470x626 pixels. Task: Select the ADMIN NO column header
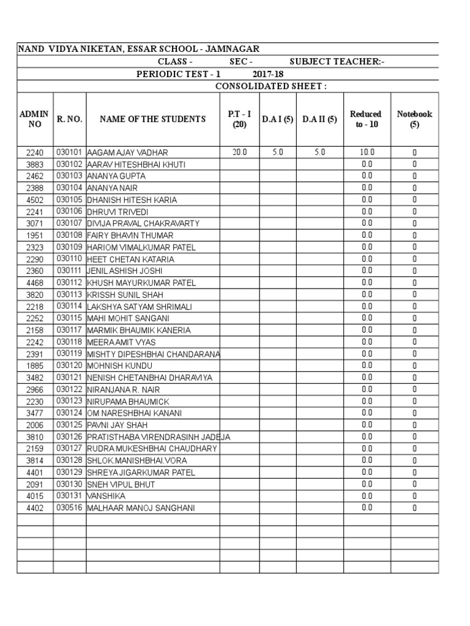(35, 119)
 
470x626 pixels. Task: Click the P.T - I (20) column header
(239, 119)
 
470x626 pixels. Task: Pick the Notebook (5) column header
(414, 119)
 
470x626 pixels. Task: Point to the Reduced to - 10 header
(366, 119)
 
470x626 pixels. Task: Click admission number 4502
(35, 200)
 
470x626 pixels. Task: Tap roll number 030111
(69, 271)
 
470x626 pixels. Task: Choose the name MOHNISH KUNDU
(119, 366)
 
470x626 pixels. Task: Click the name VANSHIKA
(108, 496)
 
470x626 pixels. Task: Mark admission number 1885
(35, 366)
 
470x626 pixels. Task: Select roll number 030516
(69, 507)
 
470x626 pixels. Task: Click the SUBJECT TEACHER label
(337, 62)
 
